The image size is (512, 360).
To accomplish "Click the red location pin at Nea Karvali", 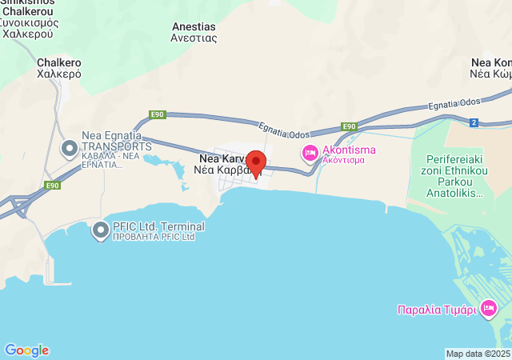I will pyautogui.click(x=255, y=160).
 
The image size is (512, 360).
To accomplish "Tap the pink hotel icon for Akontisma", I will pyautogui.click(x=309, y=151).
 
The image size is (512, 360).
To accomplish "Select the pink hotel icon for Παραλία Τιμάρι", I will pyautogui.click(x=489, y=309).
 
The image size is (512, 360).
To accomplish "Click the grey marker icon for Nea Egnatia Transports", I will pyautogui.click(x=70, y=148).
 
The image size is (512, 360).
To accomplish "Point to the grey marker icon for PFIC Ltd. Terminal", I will pyautogui.click(x=101, y=231).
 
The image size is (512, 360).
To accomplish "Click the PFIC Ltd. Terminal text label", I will pyautogui.click(x=158, y=226).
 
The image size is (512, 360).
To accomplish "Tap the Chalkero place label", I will pyautogui.click(x=59, y=62).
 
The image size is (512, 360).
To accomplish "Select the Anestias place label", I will pyautogui.click(x=194, y=26).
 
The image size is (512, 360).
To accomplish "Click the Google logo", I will pyautogui.click(x=26, y=350).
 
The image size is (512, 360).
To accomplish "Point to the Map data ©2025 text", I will pyautogui.click(x=478, y=354).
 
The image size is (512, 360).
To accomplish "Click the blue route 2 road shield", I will pyautogui.click(x=474, y=122).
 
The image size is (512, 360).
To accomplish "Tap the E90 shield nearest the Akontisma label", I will pyautogui.click(x=349, y=126).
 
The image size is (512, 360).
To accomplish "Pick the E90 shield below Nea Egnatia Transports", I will pyautogui.click(x=52, y=186).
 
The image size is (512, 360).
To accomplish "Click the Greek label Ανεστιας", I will pyautogui.click(x=194, y=38).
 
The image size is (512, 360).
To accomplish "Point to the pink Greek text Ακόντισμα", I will pyautogui.click(x=344, y=160).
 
